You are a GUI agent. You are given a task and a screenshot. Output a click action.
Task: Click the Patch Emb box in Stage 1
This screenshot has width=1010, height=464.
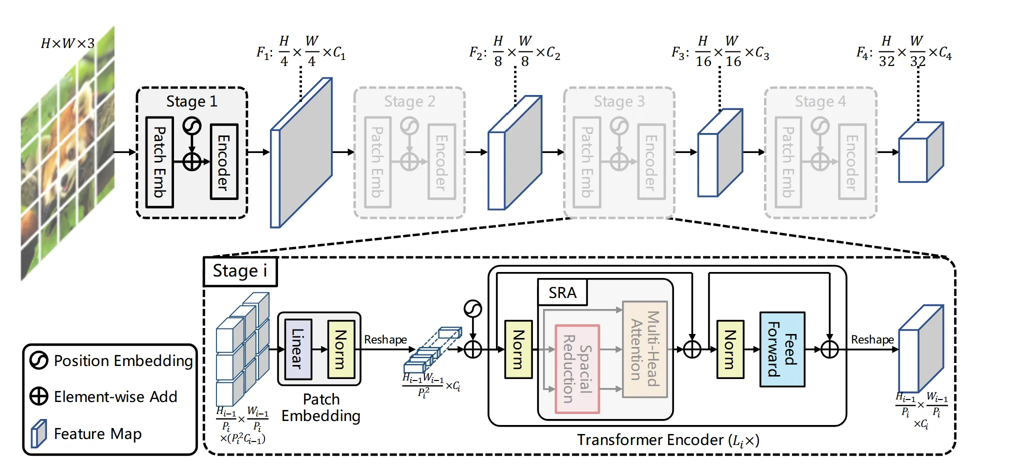point(159,162)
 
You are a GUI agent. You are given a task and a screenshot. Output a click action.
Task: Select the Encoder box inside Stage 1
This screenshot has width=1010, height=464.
point(224,162)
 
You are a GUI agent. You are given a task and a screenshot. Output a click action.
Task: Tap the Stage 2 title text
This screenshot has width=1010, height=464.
point(409,101)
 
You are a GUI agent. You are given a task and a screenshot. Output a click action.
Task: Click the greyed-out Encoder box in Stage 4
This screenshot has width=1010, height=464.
point(852,162)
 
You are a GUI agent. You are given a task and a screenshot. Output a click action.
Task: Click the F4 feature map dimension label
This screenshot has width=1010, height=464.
point(904,50)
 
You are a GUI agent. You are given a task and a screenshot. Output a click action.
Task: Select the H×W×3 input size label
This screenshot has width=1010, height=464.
point(67,43)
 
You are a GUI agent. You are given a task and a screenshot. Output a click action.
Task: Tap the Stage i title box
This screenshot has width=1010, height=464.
point(240,271)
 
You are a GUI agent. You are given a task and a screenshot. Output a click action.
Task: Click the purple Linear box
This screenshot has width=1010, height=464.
point(298,349)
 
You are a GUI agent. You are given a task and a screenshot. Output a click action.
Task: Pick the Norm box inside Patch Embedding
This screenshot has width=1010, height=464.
point(341,349)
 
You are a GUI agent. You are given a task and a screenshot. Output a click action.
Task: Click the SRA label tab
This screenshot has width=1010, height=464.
point(562,292)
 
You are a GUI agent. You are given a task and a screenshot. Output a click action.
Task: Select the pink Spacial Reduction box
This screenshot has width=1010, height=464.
point(577,369)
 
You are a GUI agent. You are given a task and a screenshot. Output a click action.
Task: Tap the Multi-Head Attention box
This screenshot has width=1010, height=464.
point(645,349)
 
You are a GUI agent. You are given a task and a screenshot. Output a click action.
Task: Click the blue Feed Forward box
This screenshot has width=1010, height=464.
point(782,349)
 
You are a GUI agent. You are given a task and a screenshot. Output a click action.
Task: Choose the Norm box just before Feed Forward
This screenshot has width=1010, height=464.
point(730,349)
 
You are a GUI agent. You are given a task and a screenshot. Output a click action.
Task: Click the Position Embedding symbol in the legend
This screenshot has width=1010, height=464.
point(38,360)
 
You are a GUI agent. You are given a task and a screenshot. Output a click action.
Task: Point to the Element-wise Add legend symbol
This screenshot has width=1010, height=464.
point(38,396)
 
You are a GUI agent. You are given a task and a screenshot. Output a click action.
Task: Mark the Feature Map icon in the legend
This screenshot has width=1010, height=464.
point(38,433)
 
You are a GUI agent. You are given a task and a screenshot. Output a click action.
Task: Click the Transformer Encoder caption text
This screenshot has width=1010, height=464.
point(668,440)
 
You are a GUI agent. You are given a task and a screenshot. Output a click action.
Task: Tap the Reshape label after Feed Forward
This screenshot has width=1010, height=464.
point(872,339)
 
